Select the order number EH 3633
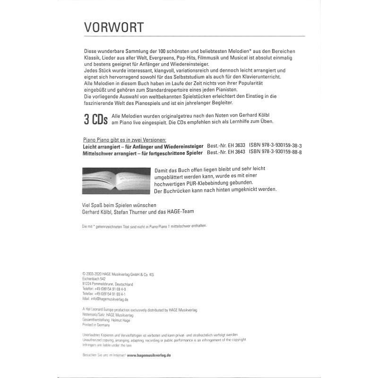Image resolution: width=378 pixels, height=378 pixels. tap(236, 146)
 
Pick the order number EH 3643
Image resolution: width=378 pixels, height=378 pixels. tap(236, 153)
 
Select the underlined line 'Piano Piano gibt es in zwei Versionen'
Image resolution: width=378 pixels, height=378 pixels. tap(124, 140)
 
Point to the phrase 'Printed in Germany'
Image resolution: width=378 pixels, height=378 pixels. tap(95, 325)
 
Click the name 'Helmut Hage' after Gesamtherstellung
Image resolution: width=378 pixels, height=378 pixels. tap(120, 320)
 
